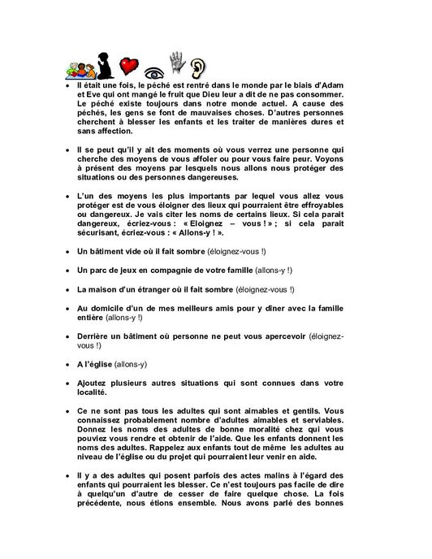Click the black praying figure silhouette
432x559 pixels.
(x=102, y=64)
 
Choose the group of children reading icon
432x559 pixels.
(x=77, y=68)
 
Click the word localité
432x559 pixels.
(x=94, y=392)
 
